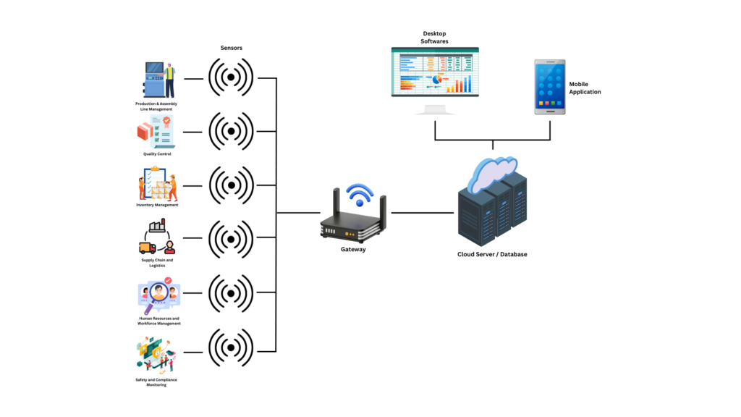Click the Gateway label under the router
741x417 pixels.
click(353, 250)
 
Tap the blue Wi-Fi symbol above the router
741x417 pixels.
click(359, 194)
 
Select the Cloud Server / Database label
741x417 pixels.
click(492, 255)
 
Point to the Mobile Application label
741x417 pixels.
click(585, 88)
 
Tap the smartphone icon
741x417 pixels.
click(549, 87)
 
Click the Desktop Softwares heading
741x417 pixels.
click(435, 38)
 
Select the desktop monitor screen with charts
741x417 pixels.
click(435, 71)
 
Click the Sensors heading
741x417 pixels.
click(232, 49)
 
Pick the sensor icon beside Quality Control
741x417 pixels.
click(232, 131)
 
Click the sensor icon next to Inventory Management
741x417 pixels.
click(232, 185)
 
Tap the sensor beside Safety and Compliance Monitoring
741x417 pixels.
click(232, 347)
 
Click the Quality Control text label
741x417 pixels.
click(157, 154)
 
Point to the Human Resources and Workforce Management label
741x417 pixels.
click(159, 321)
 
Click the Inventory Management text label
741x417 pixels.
click(157, 205)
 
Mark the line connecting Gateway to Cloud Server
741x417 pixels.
click(423, 213)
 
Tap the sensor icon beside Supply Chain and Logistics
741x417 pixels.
click(232, 239)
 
